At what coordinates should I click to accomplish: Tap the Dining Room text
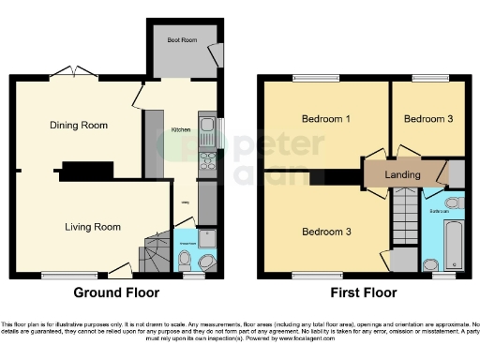pyautogui.click(x=80, y=125)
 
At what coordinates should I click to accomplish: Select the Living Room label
pyautogui.click(x=92, y=227)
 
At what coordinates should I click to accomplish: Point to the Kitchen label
pyautogui.click(x=180, y=131)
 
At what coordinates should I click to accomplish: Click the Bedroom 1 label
pyautogui.click(x=325, y=120)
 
